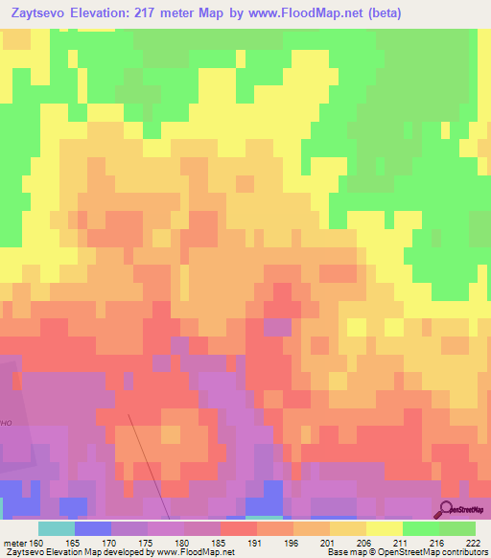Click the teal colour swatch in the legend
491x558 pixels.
click(x=56, y=528)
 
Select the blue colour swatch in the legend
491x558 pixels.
click(x=92, y=528)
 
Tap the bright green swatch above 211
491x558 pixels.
click(x=420, y=528)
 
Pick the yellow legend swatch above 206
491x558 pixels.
click(x=384, y=528)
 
